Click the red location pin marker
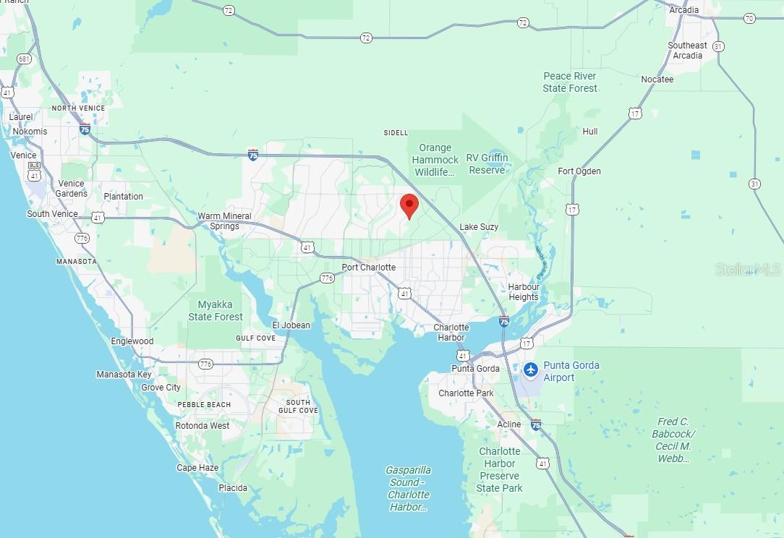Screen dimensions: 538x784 coord(409,205)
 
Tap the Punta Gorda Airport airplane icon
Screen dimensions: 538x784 coord(532,370)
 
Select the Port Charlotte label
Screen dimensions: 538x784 coord(368,268)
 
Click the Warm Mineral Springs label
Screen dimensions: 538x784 coord(225,221)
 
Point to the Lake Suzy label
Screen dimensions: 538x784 coord(479,227)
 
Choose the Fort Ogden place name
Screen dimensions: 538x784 coord(579,171)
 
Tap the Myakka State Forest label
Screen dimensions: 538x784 coord(216,311)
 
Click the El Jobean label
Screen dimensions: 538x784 coord(291,325)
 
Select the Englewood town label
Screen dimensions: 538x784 coord(132,341)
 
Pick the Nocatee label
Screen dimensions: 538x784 coord(657,80)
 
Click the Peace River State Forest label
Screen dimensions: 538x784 coord(570,82)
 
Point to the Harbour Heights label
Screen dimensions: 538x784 coord(524,291)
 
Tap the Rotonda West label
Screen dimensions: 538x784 coord(203,426)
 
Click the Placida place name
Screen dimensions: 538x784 coord(233,488)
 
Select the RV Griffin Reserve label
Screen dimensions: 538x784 coord(487,163)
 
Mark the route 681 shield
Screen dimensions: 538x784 coord(25,59)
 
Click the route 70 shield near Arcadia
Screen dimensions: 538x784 coord(749,18)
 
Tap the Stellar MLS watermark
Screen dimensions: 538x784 coord(748,269)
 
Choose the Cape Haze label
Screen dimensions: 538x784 coord(197,468)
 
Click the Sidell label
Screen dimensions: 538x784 coord(396,133)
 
